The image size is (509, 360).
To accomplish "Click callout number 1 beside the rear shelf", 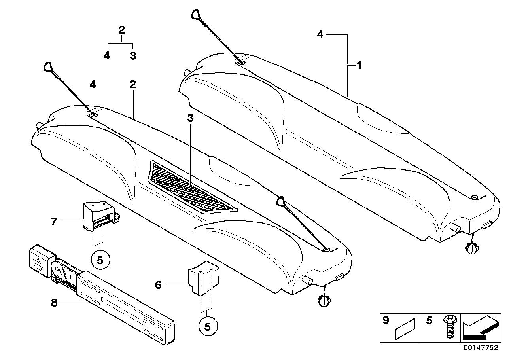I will [359, 66].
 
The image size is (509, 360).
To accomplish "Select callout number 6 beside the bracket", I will [158, 284].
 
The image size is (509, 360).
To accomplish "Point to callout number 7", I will [54, 221].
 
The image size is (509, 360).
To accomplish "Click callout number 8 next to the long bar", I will [54, 303].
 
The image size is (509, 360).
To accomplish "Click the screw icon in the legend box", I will [450, 326].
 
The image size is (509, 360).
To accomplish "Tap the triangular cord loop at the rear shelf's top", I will [196, 15].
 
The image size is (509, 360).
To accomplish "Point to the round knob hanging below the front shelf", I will [323, 301].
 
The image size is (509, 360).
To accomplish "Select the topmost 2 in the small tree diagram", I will [121, 30].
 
